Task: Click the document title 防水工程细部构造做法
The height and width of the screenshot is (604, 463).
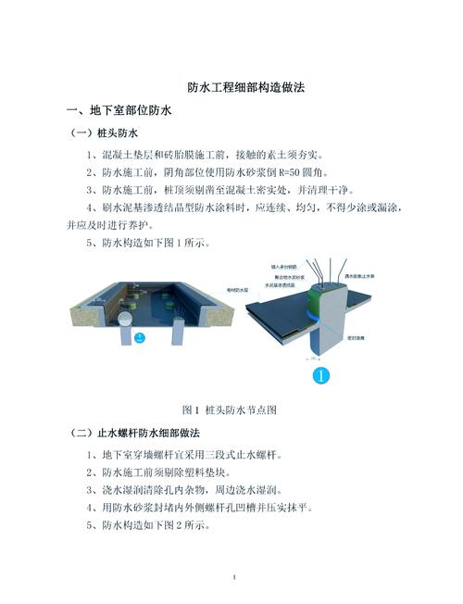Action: click(x=232, y=87)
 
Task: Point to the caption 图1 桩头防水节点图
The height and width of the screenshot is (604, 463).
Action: click(x=231, y=409)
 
